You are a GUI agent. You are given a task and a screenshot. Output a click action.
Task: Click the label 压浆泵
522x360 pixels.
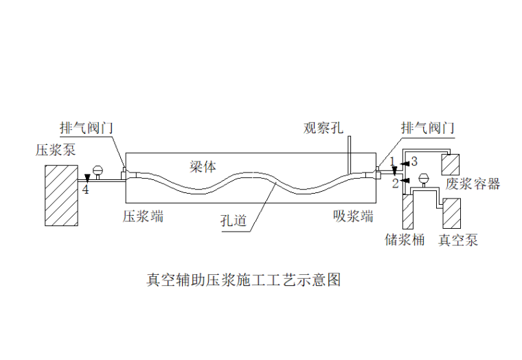(57, 150)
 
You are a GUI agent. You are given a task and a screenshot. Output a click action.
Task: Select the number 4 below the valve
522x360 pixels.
(86, 190)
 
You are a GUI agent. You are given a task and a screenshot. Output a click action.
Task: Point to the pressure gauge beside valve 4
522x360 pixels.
(98, 169)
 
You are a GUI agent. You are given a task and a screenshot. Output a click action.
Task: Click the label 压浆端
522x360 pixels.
(143, 216)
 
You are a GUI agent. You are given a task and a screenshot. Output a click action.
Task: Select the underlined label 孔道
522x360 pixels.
(234, 221)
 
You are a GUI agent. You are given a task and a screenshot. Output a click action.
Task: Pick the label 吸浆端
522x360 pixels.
(353, 216)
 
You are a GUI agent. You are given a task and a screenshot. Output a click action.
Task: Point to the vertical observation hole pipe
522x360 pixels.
(349, 153)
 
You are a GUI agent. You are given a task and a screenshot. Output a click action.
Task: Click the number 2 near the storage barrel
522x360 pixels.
(395, 183)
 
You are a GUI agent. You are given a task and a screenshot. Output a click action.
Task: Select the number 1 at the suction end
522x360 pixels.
(392, 161)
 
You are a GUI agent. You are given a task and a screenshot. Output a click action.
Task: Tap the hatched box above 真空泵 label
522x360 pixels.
(454, 213)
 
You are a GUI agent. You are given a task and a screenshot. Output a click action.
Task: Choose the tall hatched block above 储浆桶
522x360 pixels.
(408, 212)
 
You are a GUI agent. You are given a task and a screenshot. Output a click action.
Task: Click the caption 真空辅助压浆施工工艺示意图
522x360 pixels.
(243, 280)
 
